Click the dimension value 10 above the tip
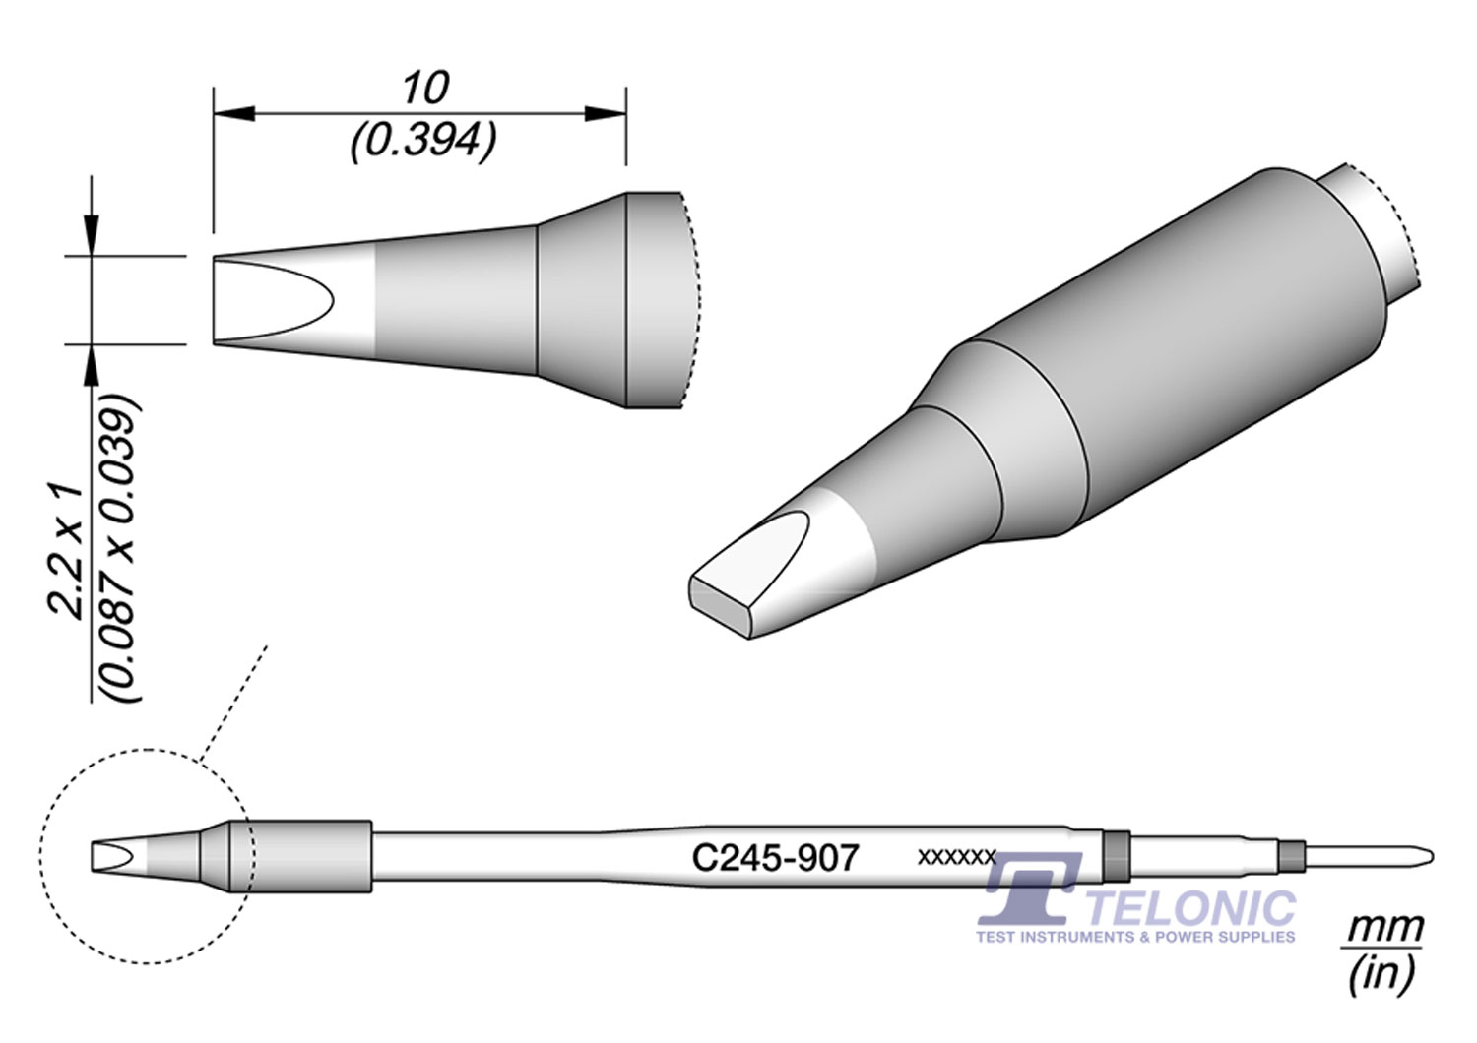pos(426,88)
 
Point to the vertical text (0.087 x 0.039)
pos(120,548)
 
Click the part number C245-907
pos(776,858)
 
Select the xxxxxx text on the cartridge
pos(957,857)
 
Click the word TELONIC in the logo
pos(1191,908)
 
